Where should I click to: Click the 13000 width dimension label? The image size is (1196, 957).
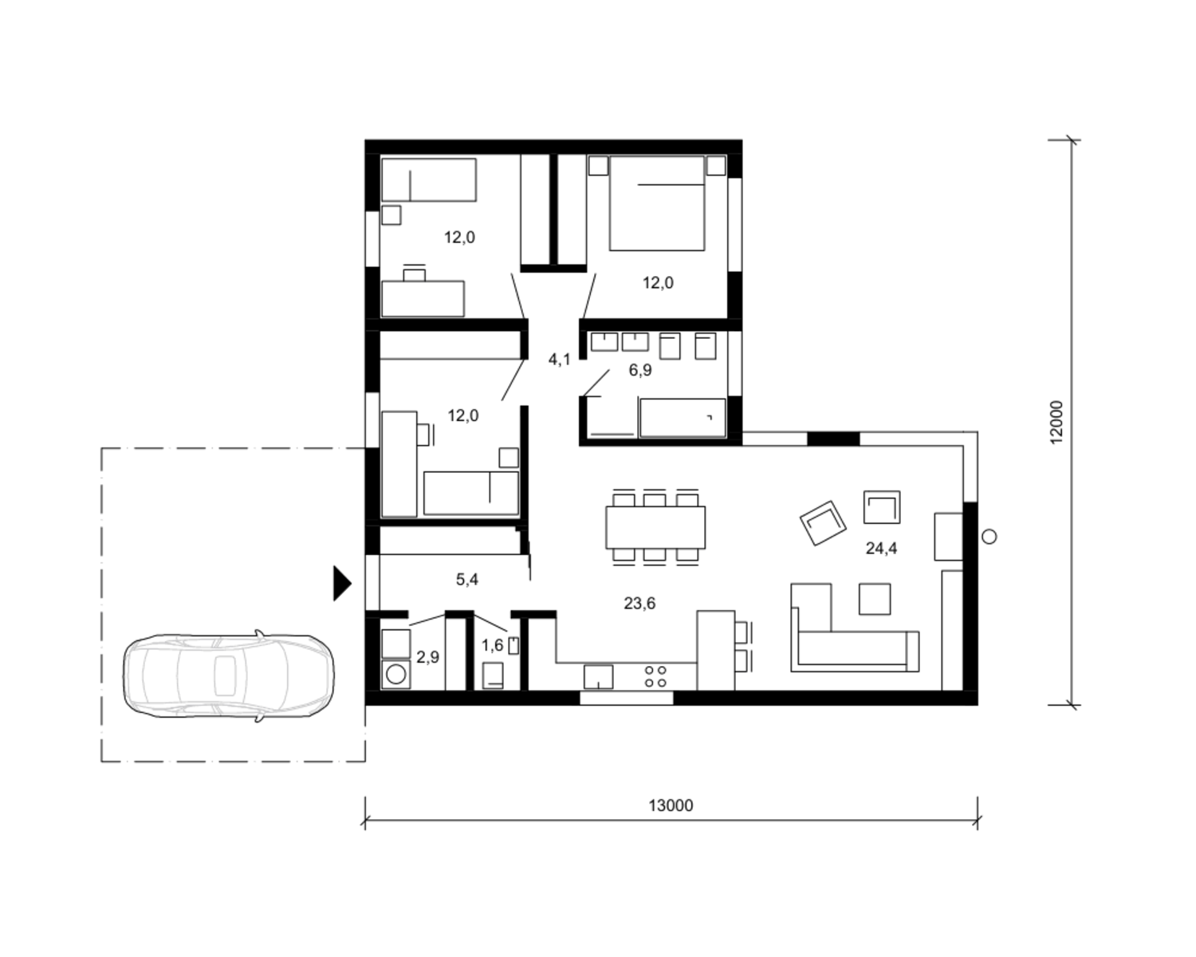click(x=671, y=805)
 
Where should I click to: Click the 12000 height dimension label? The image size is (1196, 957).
click(x=1056, y=422)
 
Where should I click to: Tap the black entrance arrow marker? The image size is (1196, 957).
click(x=342, y=583)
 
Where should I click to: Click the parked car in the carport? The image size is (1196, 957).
click(x=228, y=675)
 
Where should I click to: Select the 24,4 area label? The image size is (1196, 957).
click(x=881, y=549)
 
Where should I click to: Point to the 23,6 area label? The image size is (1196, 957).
click(x=639, y=603)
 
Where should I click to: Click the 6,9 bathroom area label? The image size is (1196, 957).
click(x=640, y=370)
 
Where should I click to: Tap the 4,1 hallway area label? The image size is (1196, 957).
click(x=560, y=359)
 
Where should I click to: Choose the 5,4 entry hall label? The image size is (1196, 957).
click(x=467, y=580)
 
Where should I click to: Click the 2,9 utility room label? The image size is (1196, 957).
click(x=428, y=656)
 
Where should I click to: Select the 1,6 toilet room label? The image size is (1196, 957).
click(x=493, y=645)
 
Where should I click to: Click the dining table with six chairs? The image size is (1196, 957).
click(x=655, y=527)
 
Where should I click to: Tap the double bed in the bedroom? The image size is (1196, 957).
click(x=657, y=203)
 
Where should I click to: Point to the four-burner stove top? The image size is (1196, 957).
click(x=655, y=677)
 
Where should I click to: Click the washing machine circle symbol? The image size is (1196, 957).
click(x=395, y=675)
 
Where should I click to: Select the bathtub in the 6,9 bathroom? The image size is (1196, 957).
click(x=683, y=418)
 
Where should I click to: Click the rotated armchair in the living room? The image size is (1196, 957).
click(x=823, y=522)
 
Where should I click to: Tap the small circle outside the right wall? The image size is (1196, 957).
click(x=989, y=537)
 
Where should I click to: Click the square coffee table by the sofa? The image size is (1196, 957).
click(x=875, y=599)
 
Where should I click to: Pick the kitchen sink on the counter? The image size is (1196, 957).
click(x=599, y=677)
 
